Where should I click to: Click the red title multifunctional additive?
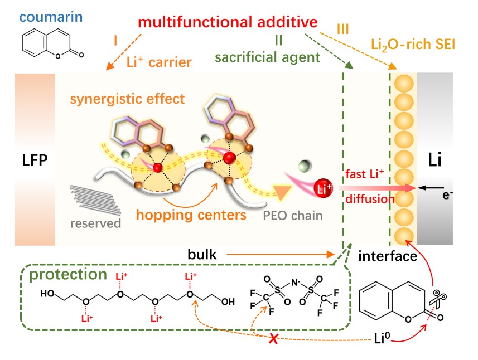[x=228, y=23]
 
